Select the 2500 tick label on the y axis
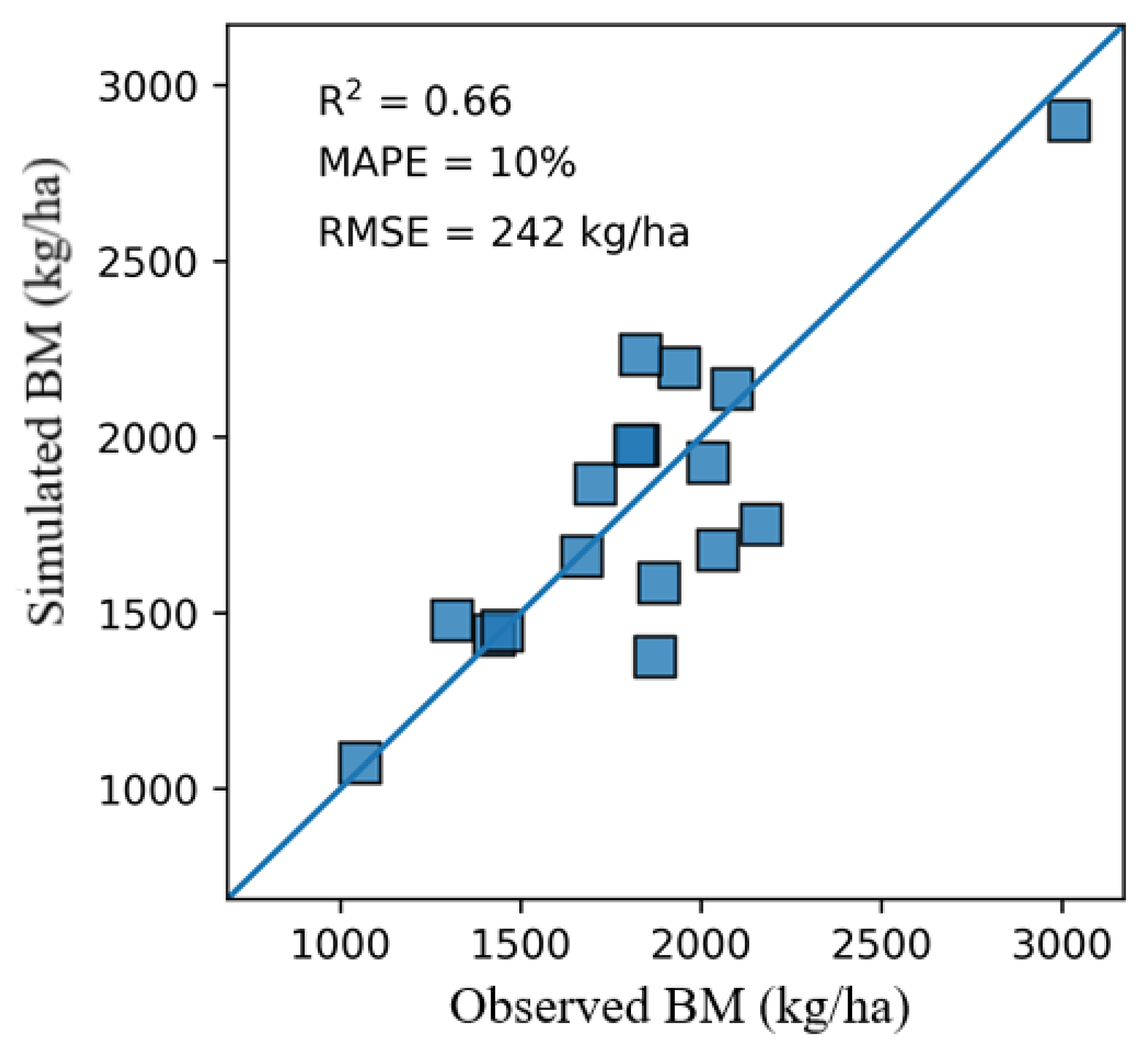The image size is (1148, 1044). pyautogui.click(x=147, y=263)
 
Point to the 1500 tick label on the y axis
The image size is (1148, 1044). pyautogui.click(x=147, y=615)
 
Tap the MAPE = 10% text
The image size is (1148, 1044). pyautogui.click(x=447, y=163)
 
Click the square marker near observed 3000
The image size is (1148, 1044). pyautogui.click(x=1069, y=121)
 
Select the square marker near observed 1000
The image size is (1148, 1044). pyautogui.click(x=360, y=763)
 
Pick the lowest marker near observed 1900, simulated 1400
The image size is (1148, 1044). pyautogui.click(x=655, y=657)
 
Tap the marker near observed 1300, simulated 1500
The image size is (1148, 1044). pyautogui.click(x=452, y=621)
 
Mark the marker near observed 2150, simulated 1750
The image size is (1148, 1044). pyautogui.click(x=761, y=524)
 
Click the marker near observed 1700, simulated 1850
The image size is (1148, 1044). pyautogui.click(x=595, y=483)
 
